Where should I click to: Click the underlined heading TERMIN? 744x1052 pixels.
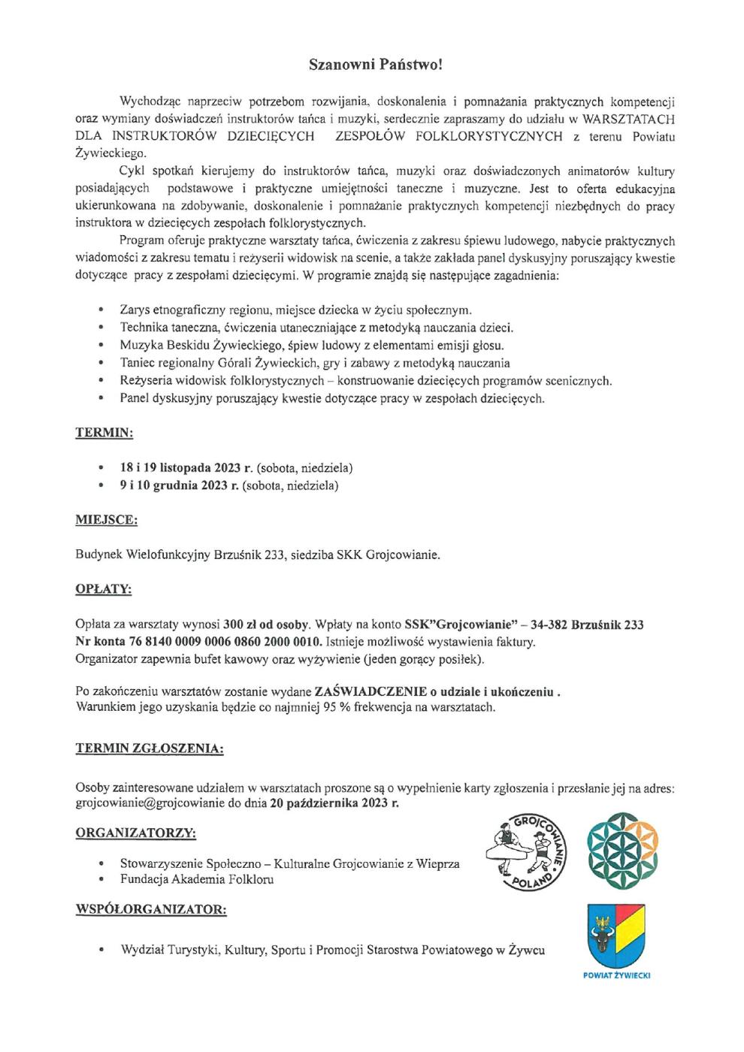pos(104,434)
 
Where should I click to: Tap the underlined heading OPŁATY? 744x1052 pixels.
pos(104,590)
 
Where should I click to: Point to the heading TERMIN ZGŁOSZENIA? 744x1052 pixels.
pos(150,749)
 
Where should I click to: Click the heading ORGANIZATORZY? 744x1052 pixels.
pos(136,833)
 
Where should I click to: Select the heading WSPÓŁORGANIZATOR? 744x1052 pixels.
pos(150,910)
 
